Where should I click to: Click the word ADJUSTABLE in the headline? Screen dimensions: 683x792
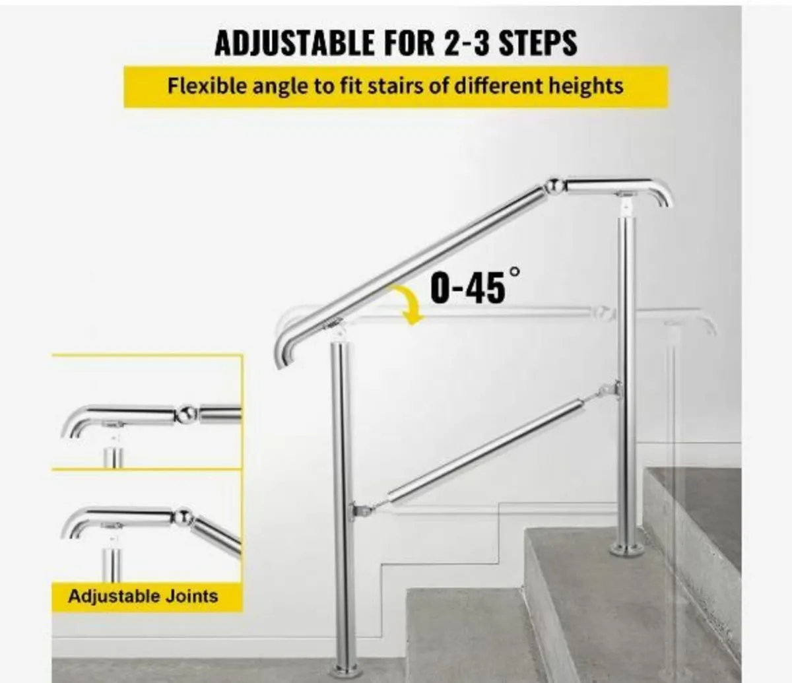(294, 42)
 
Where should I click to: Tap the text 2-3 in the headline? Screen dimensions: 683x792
(458, 42)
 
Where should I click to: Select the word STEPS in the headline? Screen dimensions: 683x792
(538, 42)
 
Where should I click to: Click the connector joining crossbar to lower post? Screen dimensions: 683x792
(358, 509)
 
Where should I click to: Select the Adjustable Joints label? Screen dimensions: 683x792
(143, 597)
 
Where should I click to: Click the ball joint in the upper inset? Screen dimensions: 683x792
(186, 414)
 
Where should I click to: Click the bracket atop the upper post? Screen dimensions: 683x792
(623, 202)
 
